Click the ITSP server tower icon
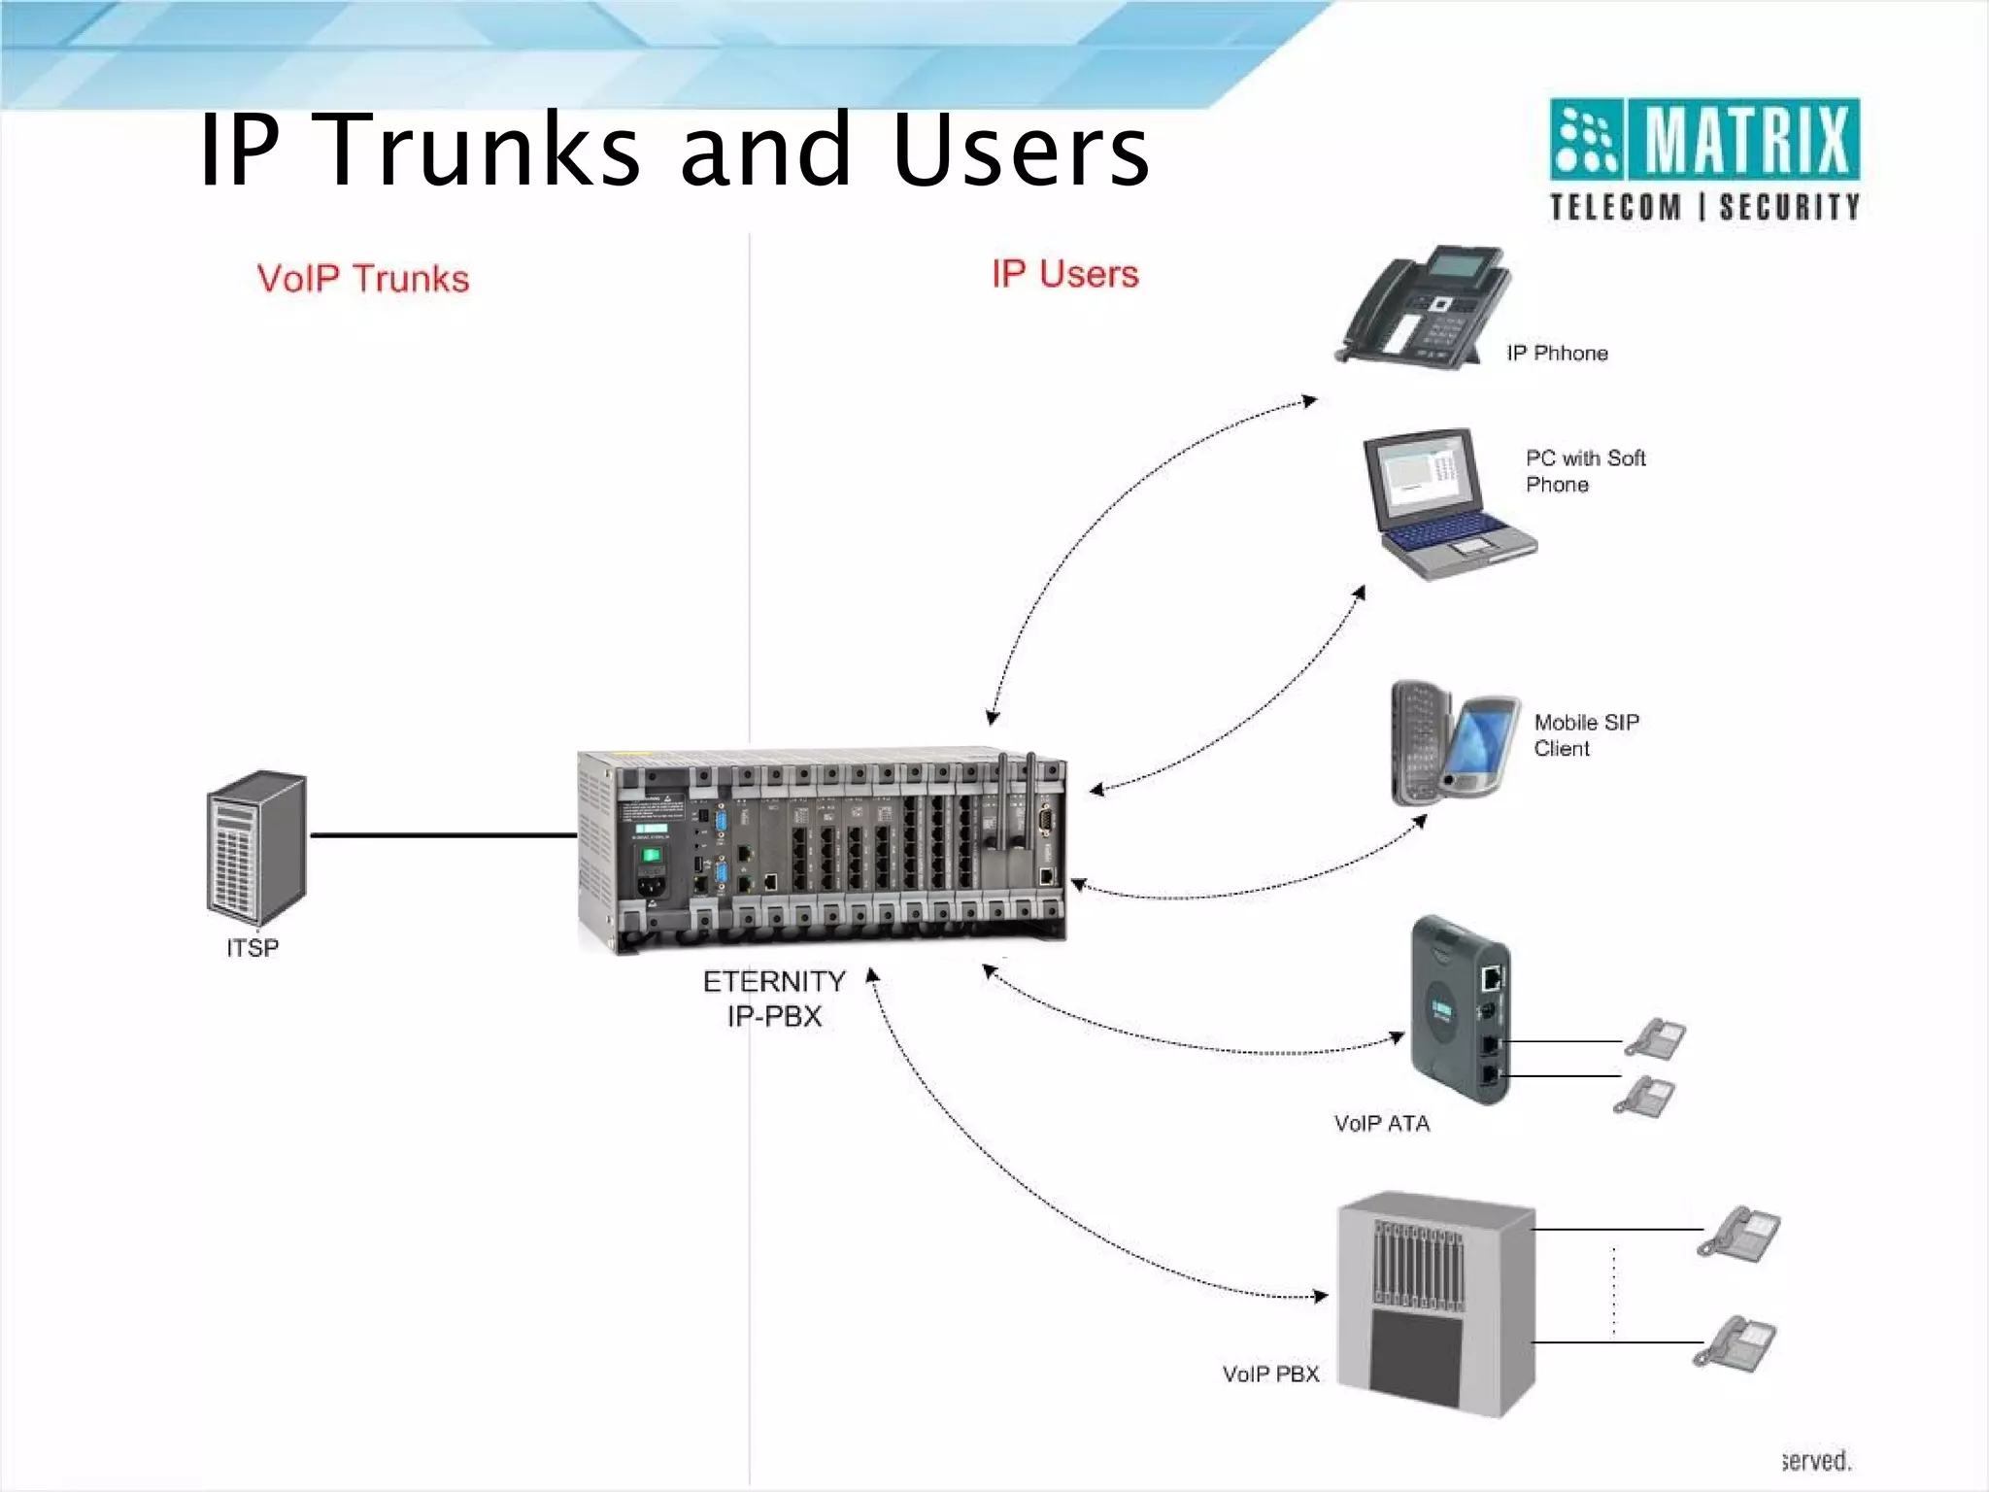click(x=256, y=848)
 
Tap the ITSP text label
click(x=253, y=948)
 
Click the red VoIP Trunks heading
click(x=363, y=279)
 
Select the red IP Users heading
click(x=1064, y=274)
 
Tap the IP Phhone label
click(x=1557, y=354)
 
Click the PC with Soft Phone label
click(x=1584, y=471)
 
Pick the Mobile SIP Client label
click(x=1585, y=735)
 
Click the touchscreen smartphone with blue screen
click(x=1480, y=746)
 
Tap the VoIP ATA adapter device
click(x=1460, y=1010)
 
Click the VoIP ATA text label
click(x=1381, y=1124)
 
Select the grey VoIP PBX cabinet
click(x=1435, y=1302)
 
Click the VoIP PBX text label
click(x=1270, y=1374)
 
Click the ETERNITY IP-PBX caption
click(x=773, y=999)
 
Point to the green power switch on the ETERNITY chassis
click(x=651, y=856)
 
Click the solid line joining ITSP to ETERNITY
click(x=442, y=834)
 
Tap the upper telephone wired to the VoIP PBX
click(x=1739, y=1233)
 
